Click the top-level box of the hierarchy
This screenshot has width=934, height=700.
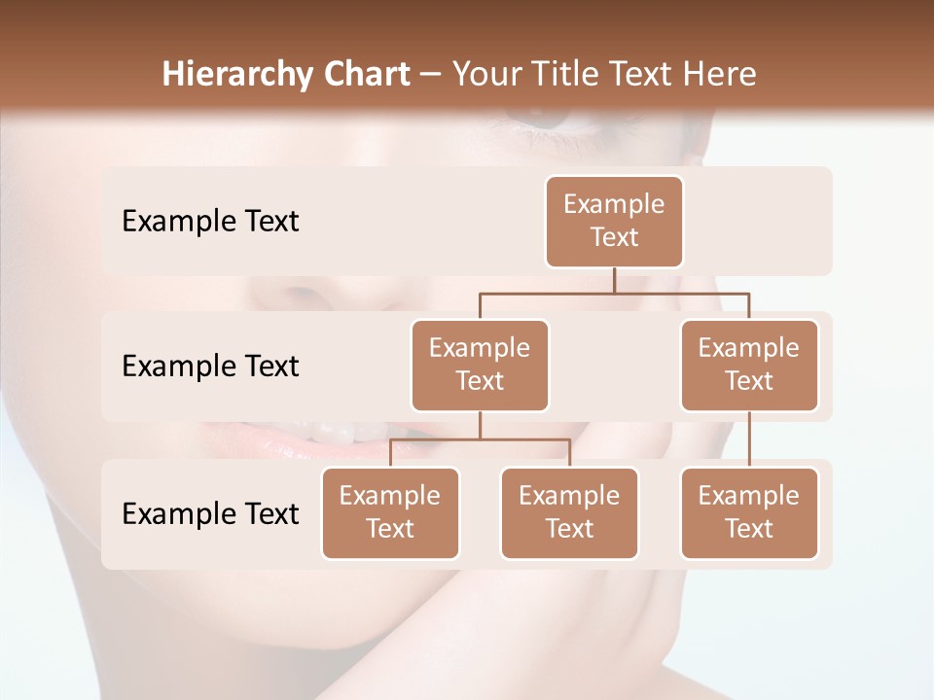614,222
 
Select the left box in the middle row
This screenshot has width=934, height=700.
480,365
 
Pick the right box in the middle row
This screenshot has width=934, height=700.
749,365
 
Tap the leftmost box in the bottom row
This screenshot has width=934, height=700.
390,512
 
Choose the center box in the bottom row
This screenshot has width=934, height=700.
569,512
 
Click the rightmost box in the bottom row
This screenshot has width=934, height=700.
749,512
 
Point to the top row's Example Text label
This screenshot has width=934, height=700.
210,222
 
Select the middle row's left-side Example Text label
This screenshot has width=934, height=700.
210,367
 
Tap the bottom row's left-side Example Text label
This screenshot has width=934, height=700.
210,514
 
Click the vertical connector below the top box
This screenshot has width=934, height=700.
614,280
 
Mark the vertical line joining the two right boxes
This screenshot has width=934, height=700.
749,439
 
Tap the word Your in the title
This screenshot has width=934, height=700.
484,75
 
